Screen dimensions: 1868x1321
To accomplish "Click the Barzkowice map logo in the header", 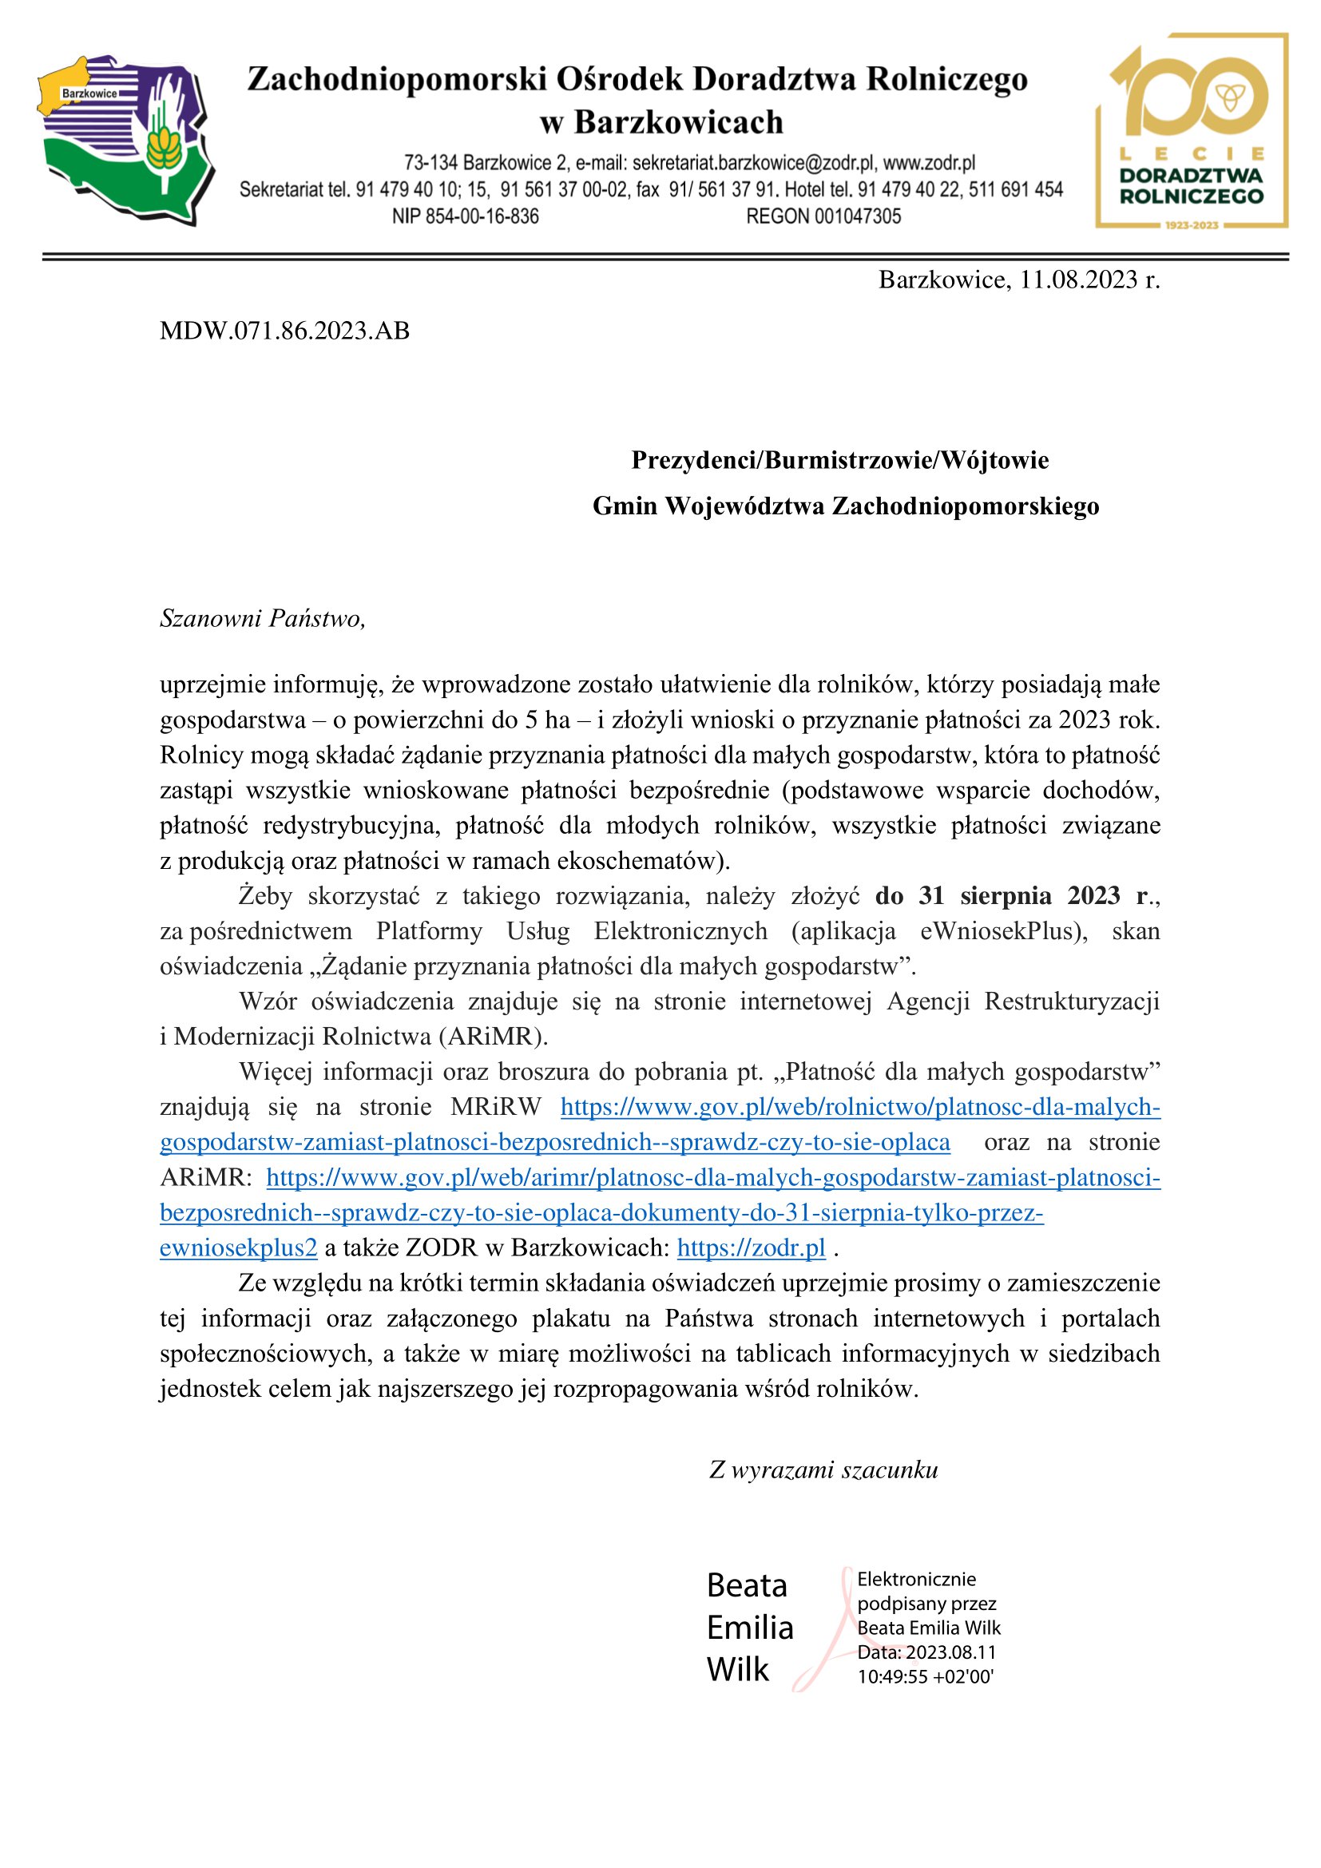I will (x=126, y=138).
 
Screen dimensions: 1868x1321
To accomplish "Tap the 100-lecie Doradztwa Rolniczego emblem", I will (x=1192, y=130).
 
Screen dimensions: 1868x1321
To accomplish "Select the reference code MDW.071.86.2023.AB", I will (x=284, y=331).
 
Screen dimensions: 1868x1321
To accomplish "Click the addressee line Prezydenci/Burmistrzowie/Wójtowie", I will (x=840, y=461).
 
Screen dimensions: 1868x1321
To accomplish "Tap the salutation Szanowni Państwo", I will (x=263, y=619).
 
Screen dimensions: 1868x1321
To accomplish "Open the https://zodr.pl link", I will (x=751, y=1248).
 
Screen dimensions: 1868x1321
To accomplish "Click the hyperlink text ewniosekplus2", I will (x=238, y=1248).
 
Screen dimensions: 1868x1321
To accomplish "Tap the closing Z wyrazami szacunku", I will (x=823, y=1470).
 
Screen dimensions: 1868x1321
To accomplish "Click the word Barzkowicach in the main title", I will (x=678, y=123).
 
